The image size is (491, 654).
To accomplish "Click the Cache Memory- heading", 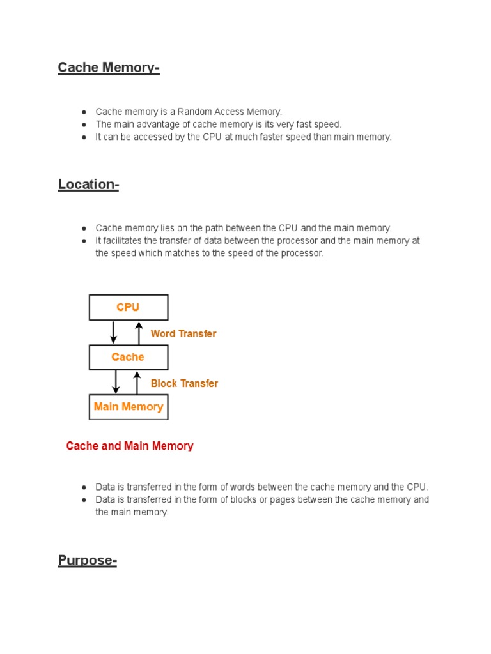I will [x=108, y=68].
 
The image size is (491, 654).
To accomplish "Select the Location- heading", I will [x=88, y=185].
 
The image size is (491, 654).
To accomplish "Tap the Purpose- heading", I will [x=87, y=561].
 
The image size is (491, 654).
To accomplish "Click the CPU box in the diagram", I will [x=128, y=307].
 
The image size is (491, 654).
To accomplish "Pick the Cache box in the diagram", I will [x=128, y=357].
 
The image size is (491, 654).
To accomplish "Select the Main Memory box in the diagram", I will [x=128, y=407].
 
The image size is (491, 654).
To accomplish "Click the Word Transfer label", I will [x=183, y=333].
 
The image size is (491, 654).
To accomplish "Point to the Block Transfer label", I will [x=184, y=383].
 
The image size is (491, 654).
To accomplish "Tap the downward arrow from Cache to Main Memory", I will [x=116, y=382].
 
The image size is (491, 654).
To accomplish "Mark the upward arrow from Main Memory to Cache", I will [x=136, y=382].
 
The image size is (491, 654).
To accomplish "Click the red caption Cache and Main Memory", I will [x=130, y=446].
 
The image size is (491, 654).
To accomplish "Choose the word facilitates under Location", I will [x=124, y=241].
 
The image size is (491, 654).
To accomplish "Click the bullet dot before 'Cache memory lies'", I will [x=84, y=228].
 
